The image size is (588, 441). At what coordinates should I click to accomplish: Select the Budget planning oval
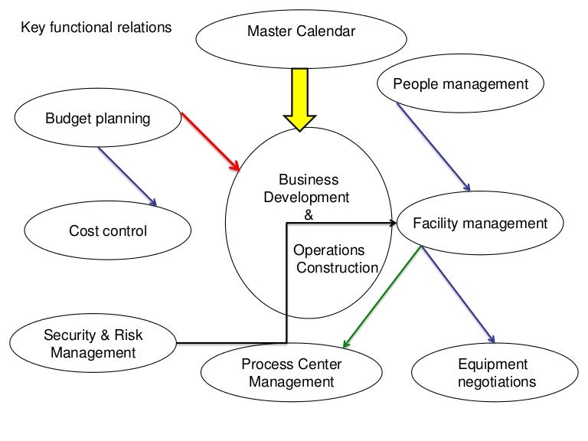[97, 119]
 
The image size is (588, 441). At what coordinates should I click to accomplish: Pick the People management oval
[460, 84]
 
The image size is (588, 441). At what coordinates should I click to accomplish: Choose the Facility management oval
[480, 224]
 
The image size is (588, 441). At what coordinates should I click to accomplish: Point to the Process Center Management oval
[291, 373]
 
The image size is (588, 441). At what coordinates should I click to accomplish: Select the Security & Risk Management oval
[93, 344]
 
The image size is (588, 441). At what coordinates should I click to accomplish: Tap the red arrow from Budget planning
[211, 142]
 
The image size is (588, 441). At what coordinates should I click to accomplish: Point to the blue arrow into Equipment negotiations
[459, 295]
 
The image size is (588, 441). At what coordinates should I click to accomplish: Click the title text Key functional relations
[96, 28]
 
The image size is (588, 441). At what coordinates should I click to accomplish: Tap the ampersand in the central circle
[309, 214]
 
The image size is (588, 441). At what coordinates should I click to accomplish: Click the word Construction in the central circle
[337, 267]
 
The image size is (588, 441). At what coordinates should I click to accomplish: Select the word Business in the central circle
[308, 181]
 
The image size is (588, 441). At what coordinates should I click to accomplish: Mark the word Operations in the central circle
[329, 250]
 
